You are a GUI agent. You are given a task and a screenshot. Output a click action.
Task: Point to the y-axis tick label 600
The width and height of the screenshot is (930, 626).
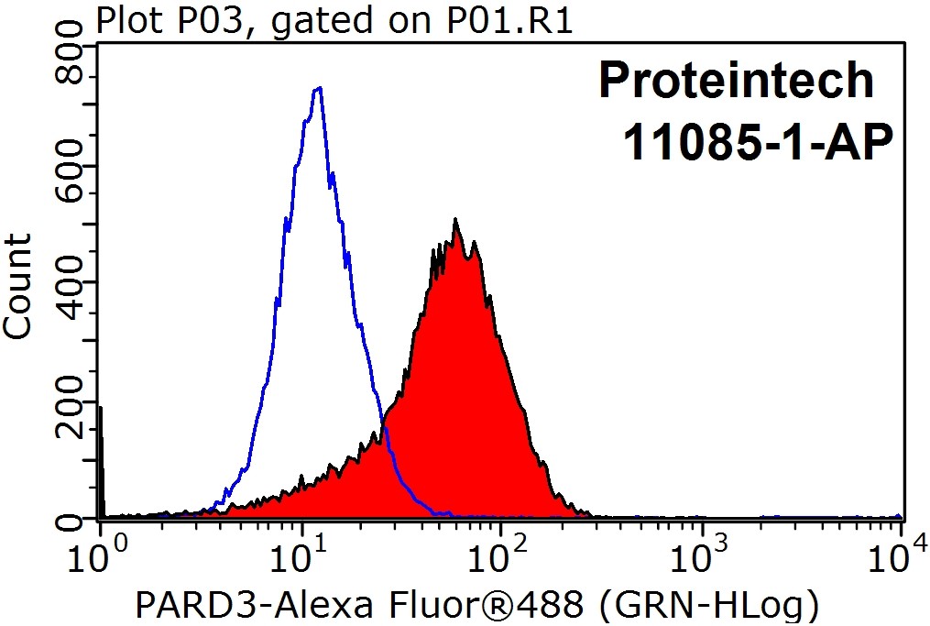(x=70, y=166)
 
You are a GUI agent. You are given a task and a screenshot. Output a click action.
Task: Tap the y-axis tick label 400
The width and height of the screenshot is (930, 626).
(x=70, y=283)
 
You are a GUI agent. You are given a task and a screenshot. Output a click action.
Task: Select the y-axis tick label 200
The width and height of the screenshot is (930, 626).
(x=70, y=401)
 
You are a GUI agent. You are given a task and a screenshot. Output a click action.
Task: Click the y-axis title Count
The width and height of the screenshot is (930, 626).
(x=18, y=286)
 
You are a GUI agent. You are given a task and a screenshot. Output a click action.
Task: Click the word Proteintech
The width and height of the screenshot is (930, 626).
(x=736, y=81)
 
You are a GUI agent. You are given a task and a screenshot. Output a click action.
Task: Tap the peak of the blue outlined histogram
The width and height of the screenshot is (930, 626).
(x=318, y=89)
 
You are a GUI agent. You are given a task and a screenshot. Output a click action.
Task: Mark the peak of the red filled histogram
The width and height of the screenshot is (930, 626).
(x=455, y=222)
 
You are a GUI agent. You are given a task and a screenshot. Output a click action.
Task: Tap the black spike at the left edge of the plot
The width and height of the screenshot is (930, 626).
(x=99, y=458)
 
